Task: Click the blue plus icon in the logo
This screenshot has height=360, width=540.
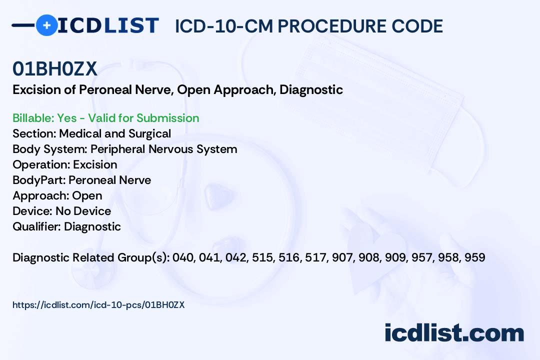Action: tap(46, 25)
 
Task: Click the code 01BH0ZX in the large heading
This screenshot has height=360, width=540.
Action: tap(55, 69)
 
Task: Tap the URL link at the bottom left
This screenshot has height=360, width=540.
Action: tap(98, 305)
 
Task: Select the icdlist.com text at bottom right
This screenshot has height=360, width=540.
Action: tap(454, 333)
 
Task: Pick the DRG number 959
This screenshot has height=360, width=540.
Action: tap(475, 257)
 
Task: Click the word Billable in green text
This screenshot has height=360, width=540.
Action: tap(33, 118)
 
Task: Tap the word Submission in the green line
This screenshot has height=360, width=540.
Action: tap(167, 118)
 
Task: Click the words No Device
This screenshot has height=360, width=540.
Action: tap(83, 211)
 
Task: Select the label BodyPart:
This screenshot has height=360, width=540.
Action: tap(39, 180)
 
